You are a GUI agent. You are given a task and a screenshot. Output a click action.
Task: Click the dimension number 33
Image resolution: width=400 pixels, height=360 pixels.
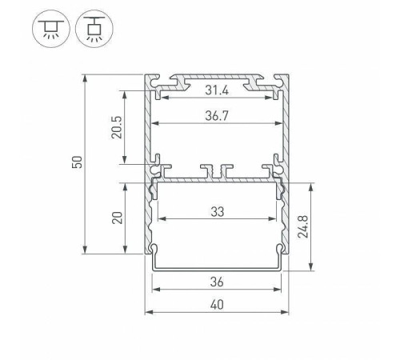(218, 211)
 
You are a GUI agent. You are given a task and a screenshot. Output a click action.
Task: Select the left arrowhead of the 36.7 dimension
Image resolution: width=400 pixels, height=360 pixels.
(155, 124)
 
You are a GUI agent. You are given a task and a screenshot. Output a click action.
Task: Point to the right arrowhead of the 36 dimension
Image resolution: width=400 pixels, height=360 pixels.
(281, 290)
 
